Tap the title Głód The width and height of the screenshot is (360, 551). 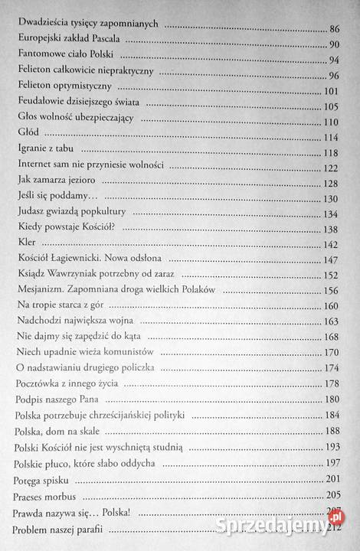[26, 137]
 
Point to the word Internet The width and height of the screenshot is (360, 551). [34, 167]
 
